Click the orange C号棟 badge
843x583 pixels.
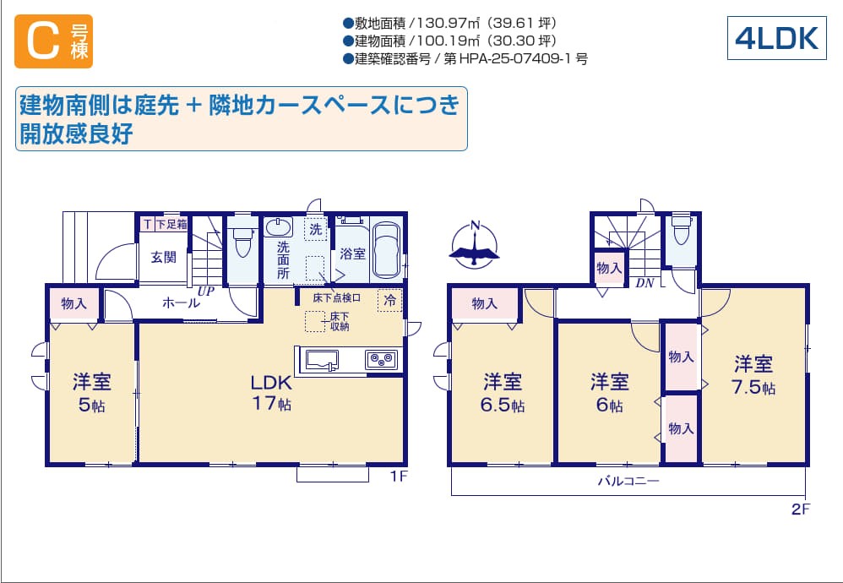53,41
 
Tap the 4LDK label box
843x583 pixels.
776,38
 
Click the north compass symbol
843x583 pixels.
474,245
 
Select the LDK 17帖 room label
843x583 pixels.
271,393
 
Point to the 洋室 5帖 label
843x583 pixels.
92,393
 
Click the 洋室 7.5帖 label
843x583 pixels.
753,375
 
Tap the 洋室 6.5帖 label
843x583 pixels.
502,393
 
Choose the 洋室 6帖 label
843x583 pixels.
609,393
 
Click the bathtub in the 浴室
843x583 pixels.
386,249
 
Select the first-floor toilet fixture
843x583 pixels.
243,241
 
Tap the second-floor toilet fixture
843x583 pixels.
681,230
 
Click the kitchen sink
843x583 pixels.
322,360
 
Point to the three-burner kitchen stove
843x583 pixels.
381,359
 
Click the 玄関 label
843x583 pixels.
163,257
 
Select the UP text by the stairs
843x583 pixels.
206,291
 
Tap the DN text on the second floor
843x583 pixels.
644,283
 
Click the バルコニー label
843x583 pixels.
628,481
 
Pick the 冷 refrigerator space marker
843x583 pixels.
389,300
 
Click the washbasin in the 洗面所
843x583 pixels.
279,227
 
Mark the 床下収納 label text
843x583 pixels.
340,322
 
